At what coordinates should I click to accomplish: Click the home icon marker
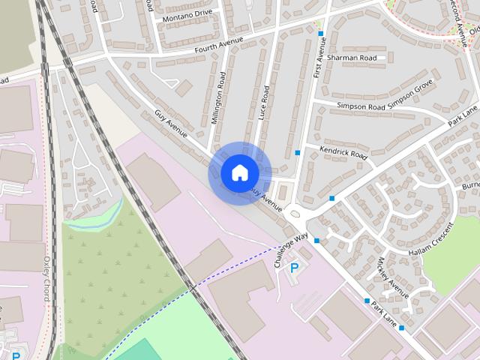238,172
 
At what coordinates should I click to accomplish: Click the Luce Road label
264,105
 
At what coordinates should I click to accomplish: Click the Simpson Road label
361,107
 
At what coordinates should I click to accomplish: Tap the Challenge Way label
291,250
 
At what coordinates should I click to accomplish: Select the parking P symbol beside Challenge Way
294,266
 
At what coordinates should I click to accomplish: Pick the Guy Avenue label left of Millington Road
172,124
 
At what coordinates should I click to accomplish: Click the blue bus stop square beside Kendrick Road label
298,153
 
